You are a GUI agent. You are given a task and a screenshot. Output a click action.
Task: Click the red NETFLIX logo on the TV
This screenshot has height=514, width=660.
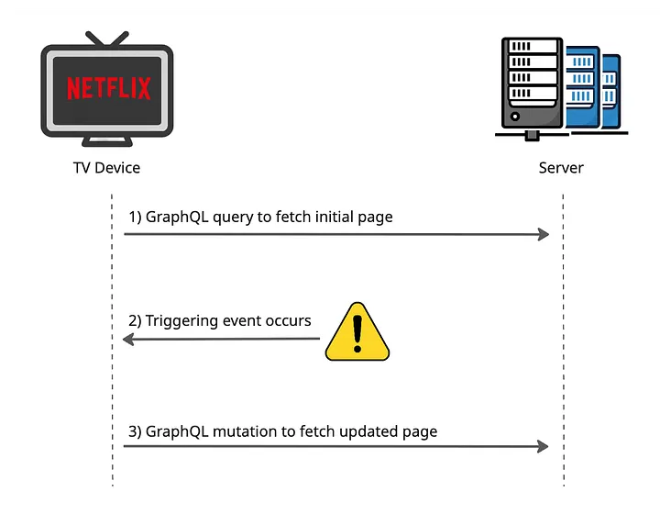coord(108,88)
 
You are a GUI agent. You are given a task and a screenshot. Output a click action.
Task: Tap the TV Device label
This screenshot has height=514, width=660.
coord(106,168)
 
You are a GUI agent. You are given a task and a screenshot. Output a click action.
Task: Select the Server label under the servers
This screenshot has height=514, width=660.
coord(561,168)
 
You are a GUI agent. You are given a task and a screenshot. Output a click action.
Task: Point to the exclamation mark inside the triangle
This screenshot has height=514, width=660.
coord(357,335)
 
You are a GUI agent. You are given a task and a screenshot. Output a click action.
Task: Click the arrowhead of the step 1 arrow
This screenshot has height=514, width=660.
coord(543,234)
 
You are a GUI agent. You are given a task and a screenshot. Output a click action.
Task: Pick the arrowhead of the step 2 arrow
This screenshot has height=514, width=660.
coord(129,340)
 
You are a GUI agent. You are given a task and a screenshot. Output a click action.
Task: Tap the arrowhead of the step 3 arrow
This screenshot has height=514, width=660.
coord(543,446)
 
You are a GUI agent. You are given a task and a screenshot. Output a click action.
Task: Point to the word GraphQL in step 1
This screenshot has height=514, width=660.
coord(175,218)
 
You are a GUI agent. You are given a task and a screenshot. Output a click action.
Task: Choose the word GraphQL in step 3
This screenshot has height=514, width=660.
coord(175,430)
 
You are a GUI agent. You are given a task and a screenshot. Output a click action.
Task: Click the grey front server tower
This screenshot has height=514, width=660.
coord(532,83)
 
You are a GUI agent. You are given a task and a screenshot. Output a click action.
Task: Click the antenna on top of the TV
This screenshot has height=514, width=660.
coord(107,39)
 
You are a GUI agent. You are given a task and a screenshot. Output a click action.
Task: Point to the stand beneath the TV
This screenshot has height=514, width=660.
coord(107,142)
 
